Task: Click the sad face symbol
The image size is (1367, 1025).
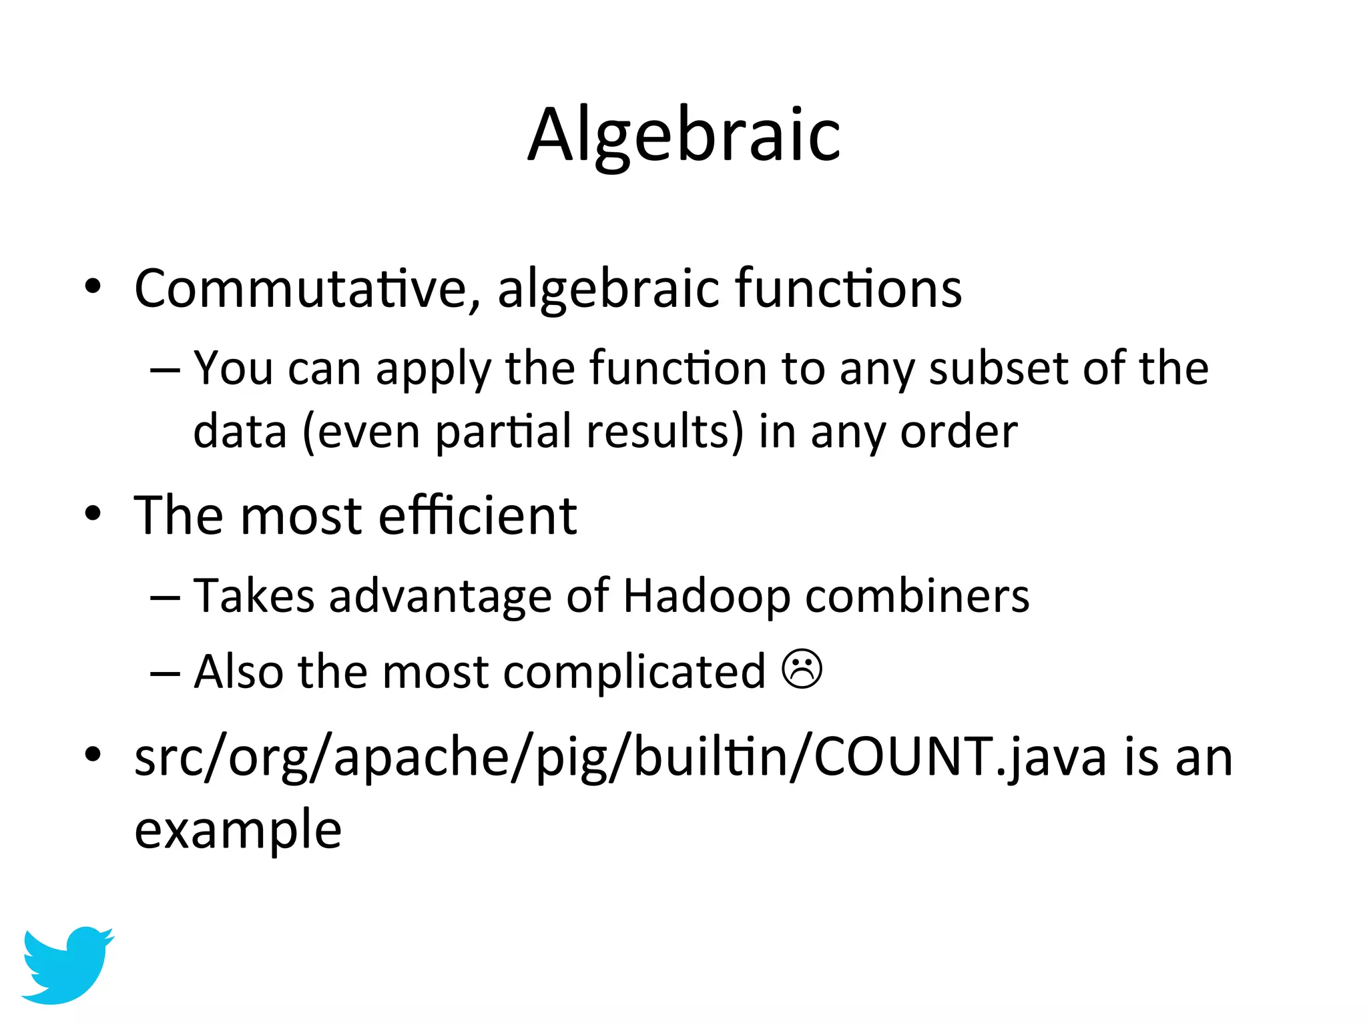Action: [802, 669]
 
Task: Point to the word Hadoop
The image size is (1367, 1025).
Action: [706, 596]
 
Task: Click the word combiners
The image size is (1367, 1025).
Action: [917, 596]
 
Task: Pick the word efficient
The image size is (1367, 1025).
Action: [477, 516]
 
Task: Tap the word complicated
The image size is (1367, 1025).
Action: [634, 672]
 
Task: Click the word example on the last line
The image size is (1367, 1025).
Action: [238, 829]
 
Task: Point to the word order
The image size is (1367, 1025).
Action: [959, 432]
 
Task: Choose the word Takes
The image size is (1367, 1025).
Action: [254, 596]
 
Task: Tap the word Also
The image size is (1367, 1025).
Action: [238, 671]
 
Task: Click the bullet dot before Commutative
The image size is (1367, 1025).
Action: [93, 286]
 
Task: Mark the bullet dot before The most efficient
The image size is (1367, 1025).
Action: [93, 514]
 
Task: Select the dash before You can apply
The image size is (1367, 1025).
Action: [165, 369]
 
